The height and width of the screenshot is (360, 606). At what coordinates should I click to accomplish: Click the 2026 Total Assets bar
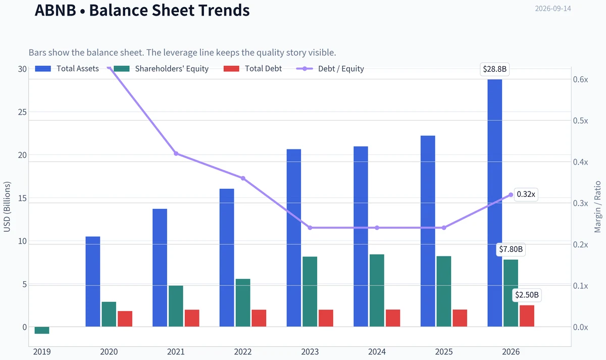coord(494,203)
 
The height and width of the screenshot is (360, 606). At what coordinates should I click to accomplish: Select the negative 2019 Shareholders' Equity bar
coord(42,330)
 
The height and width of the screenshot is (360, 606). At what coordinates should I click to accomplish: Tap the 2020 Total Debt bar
coord(125,319)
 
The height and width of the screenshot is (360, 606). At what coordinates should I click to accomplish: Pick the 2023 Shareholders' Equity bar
coord(310,291)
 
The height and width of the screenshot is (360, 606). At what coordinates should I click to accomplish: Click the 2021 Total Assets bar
coord(160,268)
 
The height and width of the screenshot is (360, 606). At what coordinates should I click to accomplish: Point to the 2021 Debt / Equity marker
coord(176,153)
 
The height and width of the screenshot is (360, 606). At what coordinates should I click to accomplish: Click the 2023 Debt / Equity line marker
coord(310,228)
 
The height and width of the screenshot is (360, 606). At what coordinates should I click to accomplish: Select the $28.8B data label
coord(494,69)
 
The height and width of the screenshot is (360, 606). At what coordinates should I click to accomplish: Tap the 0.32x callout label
coord(526,194)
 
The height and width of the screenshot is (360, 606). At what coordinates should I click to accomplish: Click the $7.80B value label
coord(511,249)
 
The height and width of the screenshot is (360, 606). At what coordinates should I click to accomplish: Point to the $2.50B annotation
coord(527,295)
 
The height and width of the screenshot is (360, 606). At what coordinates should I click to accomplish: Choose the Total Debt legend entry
coord(252,69)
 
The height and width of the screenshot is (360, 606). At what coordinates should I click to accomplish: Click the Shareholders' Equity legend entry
coord(161,69)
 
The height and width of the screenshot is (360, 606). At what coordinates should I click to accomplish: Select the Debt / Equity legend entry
coord(330,69)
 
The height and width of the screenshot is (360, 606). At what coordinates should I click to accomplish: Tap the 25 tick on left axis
coord(22,112)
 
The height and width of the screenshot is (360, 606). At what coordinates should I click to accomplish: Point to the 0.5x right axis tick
coord(581,121)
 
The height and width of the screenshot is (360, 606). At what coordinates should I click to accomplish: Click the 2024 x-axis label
coord(377,351)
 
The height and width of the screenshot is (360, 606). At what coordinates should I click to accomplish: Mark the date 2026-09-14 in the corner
coord(553,9)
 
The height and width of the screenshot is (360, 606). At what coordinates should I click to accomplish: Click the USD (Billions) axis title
coord(7,207)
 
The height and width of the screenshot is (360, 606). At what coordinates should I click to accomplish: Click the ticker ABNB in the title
coord(55,10)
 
